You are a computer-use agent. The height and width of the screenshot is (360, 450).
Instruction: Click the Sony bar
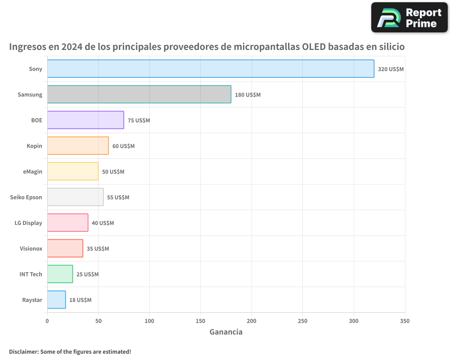(211, 69)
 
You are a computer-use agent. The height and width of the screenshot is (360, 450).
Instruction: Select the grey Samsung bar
(139, 94)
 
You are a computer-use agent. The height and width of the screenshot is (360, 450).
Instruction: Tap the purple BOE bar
(85, 120)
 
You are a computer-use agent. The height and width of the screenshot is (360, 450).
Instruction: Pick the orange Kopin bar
(78, 146)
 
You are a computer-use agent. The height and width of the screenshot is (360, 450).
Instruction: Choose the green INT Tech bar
(60, 274)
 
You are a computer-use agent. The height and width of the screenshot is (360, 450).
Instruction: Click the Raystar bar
(56, 300)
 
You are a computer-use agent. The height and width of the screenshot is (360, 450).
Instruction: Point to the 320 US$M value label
(391, 69)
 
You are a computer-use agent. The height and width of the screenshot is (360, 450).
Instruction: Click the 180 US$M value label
(247, 95)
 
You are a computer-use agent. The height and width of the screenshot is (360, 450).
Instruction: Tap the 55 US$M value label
(118, 198)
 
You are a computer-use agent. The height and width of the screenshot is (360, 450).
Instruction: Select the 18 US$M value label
(80, 300)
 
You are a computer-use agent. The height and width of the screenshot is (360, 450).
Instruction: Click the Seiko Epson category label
(26, 197)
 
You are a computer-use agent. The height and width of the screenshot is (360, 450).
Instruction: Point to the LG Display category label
(28, 223)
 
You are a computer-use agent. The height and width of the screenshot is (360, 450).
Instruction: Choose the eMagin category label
(32, 171)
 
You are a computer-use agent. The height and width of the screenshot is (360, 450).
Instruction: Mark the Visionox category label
(31, 248)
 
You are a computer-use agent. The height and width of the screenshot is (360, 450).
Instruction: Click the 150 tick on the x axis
(201, 321)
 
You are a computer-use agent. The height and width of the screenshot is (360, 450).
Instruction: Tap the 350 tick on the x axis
(405, 321)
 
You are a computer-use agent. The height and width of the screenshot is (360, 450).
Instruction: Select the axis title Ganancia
(226, 332)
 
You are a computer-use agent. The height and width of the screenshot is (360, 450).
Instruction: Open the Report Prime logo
(409, 18)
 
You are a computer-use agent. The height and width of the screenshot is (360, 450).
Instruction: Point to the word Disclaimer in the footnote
(23, 351)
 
